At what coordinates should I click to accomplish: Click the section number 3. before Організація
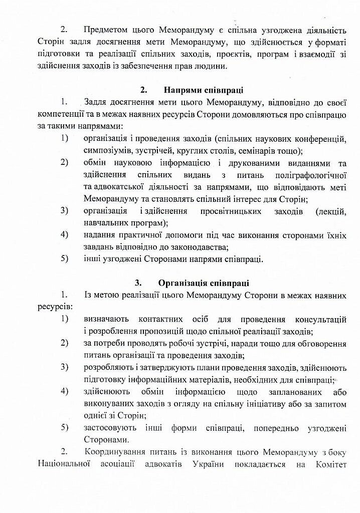(x=138, y=283)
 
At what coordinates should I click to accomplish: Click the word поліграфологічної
(x=311, y=175)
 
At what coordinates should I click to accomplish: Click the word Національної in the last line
(x=64, y=464)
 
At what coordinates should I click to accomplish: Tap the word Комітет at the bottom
(x=331, y=464)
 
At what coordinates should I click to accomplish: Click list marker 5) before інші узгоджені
(x=64, y=259)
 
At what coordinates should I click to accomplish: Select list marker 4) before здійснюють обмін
(x=64, y=391)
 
